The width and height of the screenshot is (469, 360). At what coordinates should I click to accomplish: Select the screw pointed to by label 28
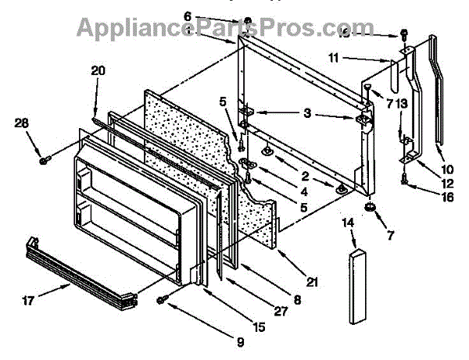(45, 161)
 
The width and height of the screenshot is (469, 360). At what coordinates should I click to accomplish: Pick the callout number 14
(348, 223)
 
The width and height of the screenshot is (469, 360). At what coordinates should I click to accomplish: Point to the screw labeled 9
(162, 300)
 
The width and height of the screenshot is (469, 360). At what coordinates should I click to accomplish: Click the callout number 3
(308, 114)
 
